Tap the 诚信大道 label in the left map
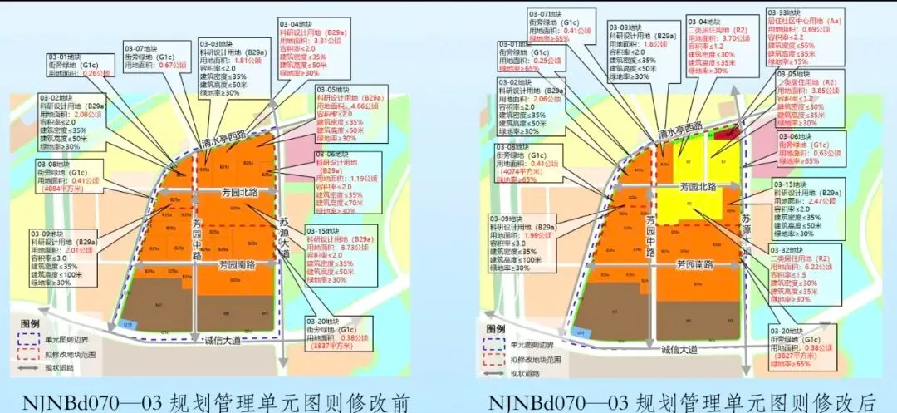click(x=219, y=339)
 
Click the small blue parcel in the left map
click(x=127, y=322)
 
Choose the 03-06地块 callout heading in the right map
click(x=793, y=135)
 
